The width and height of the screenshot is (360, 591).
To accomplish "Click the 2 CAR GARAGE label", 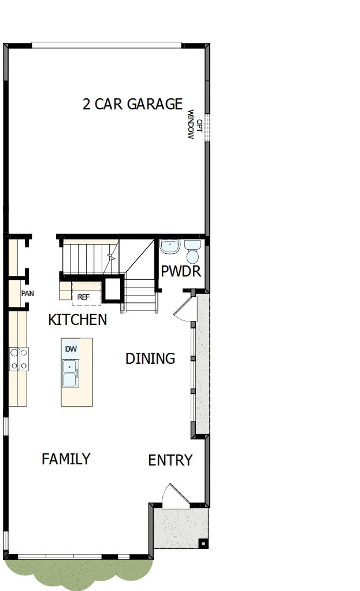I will tap(132, 104).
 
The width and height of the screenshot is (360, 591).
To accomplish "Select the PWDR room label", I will tap(181, 271).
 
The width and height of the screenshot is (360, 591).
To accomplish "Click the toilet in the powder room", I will tap(192, 253).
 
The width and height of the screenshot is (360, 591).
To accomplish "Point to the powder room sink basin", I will tap(170, 247).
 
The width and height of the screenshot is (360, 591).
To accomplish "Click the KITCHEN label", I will tap(77, 320).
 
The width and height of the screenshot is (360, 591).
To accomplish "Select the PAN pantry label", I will tap(27, 293).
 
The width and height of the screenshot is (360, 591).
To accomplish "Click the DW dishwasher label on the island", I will tap(71, 349).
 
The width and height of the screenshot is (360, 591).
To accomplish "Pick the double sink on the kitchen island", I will tap(70, 373).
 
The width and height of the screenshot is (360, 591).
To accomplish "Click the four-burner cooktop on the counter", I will tap(19, 359).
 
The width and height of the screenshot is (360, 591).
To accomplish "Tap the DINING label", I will tap(150, 359).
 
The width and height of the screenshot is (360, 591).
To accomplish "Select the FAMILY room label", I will tap(66, 459).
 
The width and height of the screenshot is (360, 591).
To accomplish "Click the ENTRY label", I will tap(170, 460).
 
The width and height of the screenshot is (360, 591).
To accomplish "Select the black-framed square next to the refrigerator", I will tap(113, 289).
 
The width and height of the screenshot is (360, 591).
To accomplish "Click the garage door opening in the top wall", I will tap(106, 45).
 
